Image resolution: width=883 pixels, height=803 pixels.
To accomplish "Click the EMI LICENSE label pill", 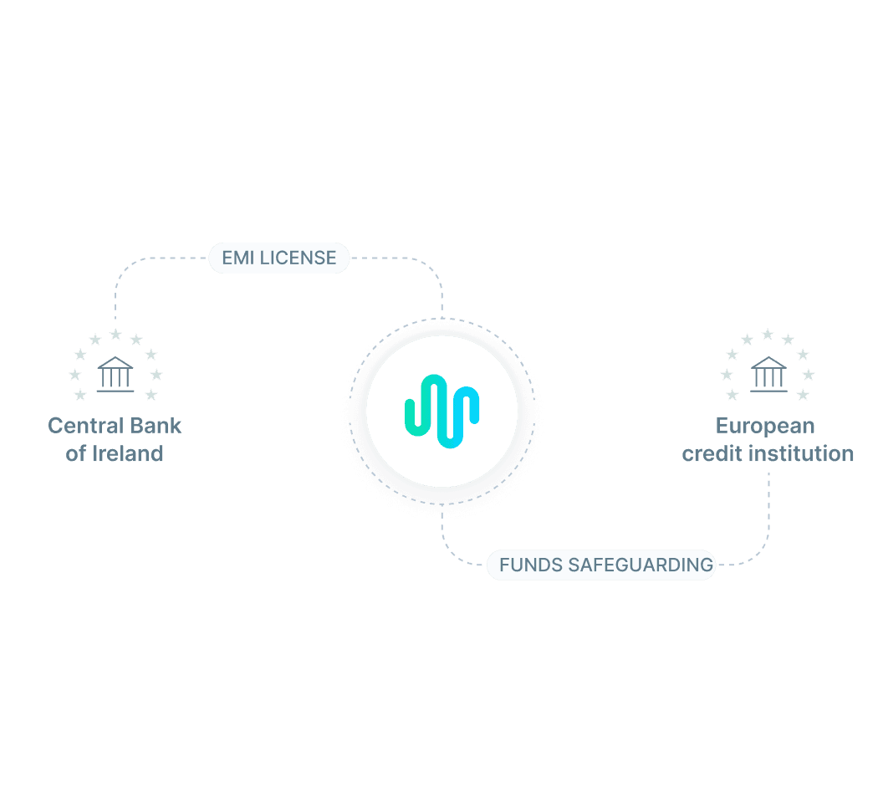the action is tap(278, 258).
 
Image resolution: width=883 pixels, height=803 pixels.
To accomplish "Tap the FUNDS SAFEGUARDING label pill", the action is tap(601, 565).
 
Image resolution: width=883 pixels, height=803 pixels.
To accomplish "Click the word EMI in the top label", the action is tap(238, 258).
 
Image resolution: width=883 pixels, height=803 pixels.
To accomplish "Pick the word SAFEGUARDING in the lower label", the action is tap(641, 565).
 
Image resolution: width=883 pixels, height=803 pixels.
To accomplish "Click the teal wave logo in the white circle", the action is tap(442, 411).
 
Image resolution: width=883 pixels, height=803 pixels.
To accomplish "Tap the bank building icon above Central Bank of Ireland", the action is tap(115, 373).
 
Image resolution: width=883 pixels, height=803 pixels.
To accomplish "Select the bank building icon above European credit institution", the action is tap(768, 373).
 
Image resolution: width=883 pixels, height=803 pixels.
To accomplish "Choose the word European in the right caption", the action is tap(765, 426).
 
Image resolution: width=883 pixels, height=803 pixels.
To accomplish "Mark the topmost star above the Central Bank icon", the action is tap(115, 335).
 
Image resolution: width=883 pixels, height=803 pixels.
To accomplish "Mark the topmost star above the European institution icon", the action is tap(768, 335).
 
